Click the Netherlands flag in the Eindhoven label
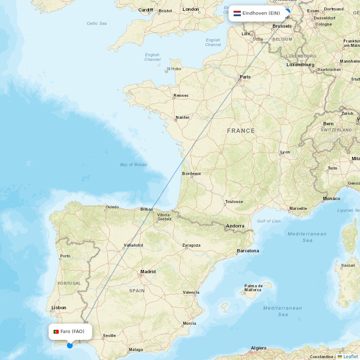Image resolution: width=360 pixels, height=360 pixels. tap(237, 13)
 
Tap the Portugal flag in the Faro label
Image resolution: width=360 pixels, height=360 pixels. tap(56, 332)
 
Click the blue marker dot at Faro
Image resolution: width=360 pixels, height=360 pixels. tap(70, 346)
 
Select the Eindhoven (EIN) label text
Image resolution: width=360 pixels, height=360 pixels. tap(261, 13)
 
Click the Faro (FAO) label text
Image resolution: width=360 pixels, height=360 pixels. tap(72, 332)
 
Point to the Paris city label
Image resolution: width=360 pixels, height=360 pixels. tap(245, 77)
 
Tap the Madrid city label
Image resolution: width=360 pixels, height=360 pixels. tap(148, 272)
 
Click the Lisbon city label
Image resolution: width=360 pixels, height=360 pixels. tap(59, 308)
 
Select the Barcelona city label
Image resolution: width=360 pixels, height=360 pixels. tap(248, 251)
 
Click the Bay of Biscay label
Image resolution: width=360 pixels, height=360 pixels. tap(134, 165)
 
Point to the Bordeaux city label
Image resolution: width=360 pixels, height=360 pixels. tap(192, 174)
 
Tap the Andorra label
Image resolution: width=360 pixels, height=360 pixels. tap(235, 226)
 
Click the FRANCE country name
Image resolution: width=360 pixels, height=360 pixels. tap(241, 131)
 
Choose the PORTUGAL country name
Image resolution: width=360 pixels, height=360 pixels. tap(69, 283)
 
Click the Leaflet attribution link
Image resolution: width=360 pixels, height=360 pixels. tap(350, 356)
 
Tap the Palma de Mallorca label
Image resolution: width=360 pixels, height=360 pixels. tap(253, 288)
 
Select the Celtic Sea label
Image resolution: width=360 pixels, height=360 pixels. tap(97, 23)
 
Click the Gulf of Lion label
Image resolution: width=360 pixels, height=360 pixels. tap(269, 221)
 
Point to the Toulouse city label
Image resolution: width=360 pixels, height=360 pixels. tap(234, 202)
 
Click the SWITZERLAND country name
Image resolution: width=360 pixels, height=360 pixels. tap(336, 130)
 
